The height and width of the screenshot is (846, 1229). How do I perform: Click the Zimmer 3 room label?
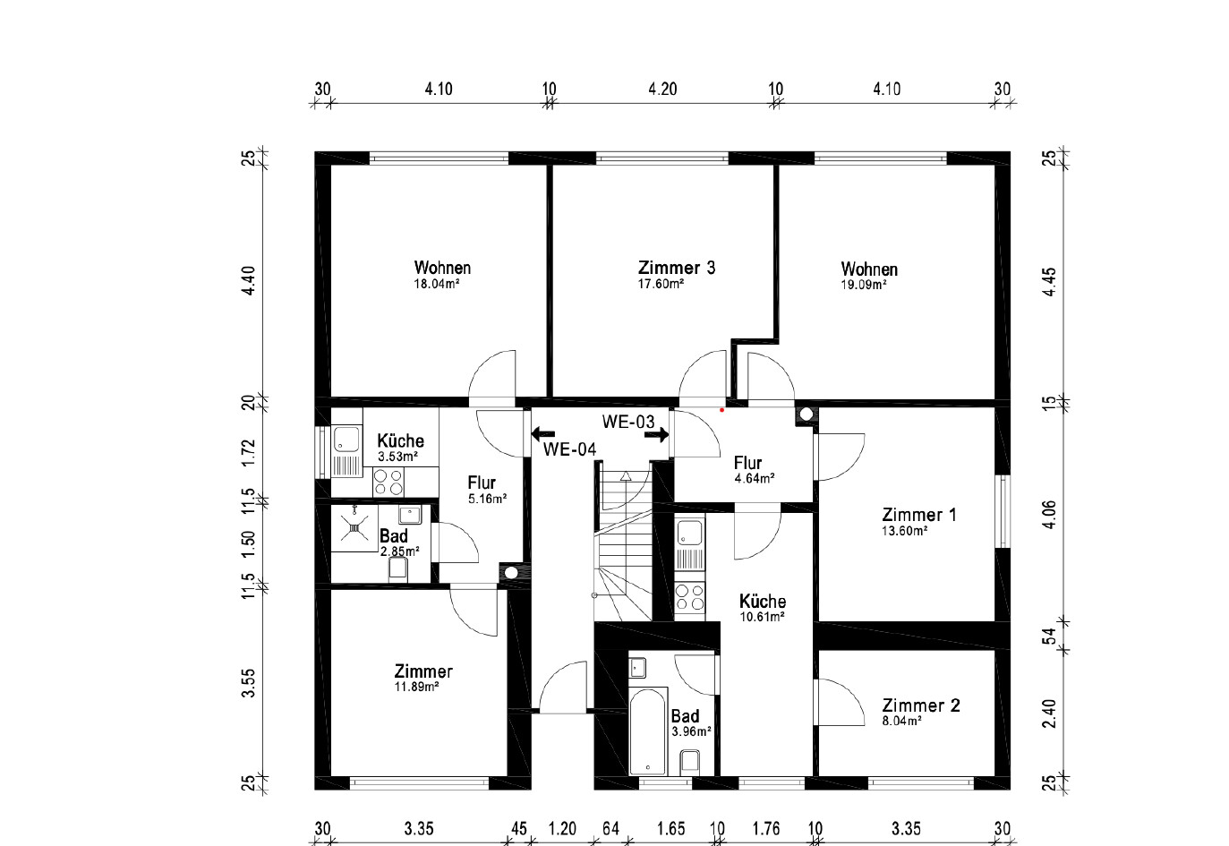(x=677, y=268)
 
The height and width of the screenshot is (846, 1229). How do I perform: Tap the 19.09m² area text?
(x=864, y=286)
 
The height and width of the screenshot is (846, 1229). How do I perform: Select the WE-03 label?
(x=628, y=422)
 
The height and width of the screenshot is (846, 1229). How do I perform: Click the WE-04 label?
(x=569, y=449)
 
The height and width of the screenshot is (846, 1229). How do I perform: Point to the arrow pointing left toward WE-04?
(x=543, y=434)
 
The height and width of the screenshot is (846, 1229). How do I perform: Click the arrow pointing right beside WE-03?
(x=657, y=435)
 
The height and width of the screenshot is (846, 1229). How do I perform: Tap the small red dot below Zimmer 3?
(x=722, y=410)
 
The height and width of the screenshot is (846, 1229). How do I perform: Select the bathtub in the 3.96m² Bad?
(x=648, y=731)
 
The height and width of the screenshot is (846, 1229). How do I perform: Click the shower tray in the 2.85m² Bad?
(x=354, y=528)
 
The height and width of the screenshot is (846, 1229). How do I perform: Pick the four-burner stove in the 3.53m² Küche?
(x=388, y=483)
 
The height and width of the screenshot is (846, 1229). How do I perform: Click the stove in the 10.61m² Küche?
(x=689, y=597)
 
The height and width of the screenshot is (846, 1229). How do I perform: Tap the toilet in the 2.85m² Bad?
(x=397, y=569)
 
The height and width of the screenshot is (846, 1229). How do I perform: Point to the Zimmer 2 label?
(x=921, y=705)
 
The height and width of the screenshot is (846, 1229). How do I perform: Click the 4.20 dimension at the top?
(x=662, y=89)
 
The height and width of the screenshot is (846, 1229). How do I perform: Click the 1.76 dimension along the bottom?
(x=766, y=828)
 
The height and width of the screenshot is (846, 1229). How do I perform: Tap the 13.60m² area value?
(x=905, y=531)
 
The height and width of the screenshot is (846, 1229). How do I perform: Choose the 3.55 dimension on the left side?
(x=249, y=683)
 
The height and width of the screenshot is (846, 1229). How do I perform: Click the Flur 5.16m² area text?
(x=487, y=500)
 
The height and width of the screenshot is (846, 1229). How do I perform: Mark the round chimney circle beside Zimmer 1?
(x=806, y=414)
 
